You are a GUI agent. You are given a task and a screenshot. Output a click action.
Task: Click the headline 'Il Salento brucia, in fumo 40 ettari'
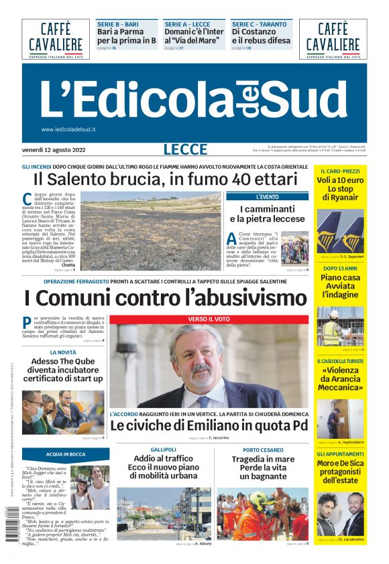165,180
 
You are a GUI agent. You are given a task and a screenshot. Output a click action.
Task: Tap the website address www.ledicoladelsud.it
68,129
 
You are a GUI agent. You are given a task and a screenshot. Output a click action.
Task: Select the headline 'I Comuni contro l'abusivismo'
165,297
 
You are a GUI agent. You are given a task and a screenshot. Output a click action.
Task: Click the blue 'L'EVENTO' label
268,197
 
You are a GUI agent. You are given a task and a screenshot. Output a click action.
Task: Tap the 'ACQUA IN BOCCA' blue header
65,453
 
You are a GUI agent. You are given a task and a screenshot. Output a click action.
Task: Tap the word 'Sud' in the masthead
306,98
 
